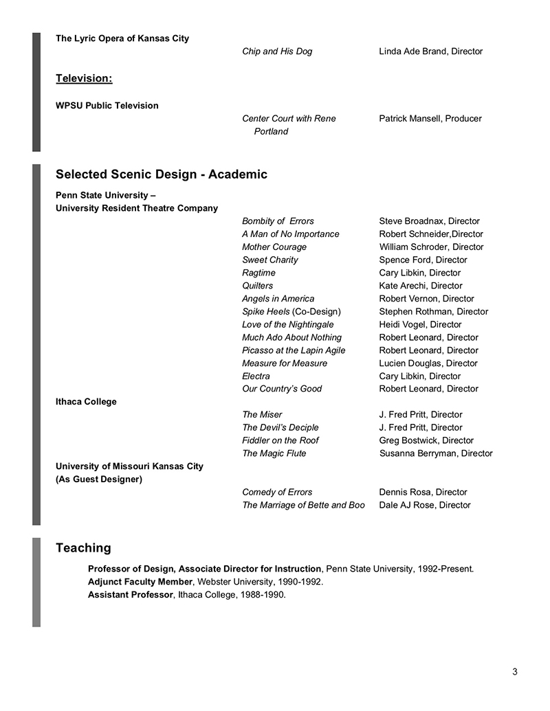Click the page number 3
[514, 672]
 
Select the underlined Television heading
[84, 78]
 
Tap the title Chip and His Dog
[276, 52]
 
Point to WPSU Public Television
[107, 106]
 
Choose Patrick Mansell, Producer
[430, 119]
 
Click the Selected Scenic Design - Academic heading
[161, 174]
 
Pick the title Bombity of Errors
[278, 221]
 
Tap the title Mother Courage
[274, 247]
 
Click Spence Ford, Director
[423, 260]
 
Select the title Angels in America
[278, 299]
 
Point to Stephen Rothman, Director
[433, 312]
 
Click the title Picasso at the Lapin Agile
[294, 350]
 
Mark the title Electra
[256, 376]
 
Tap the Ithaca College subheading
[86, 402]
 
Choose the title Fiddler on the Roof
[280, 440]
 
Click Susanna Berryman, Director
[436, 453]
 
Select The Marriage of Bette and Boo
[303, 505]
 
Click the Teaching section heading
[83, 548]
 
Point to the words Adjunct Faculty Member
[140, 582]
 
